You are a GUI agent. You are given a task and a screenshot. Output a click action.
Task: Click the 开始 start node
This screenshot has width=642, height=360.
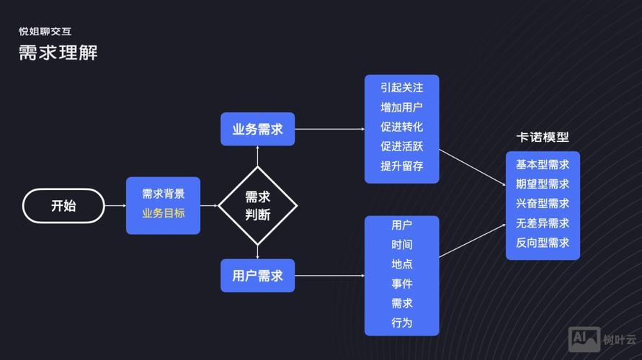pyautogui.click(x=63, y=205)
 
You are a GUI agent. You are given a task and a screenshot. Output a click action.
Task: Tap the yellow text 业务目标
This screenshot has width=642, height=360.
pyautogui.click(x=163, y=213)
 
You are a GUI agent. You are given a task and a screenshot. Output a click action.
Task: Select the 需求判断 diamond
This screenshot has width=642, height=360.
pyautogui.click(x=257, y=205)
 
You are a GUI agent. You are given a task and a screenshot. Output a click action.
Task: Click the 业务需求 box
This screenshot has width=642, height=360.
pyautogui.click(x=257, y=130)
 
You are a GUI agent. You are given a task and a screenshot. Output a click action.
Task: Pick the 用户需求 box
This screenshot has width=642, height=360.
pyautogui.click(x=257, y=275)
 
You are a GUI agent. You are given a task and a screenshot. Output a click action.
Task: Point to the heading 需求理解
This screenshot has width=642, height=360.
pyautogui.click(x=58, y=53)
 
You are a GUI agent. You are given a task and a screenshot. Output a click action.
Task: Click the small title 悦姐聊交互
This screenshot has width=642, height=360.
pyautogui.click(x=45, y=32)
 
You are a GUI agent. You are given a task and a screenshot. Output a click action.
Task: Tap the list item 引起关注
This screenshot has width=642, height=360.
pyautogui.click(x=401, y=88)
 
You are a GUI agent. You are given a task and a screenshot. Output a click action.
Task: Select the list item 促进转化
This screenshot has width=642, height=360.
pyautogui.click(x=401, y=127)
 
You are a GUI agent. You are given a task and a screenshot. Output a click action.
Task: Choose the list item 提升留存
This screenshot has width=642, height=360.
pyautogui.click(x=401, y=166)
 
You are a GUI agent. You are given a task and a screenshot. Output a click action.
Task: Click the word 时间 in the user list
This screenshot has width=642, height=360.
pyautogui.click(x=401, y=245)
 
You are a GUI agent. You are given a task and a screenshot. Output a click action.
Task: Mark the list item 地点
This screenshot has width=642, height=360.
pyautogui.click(x=401, y=264)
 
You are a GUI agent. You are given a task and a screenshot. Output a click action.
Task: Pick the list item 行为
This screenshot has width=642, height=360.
pyautogui.click(x=401, y=323)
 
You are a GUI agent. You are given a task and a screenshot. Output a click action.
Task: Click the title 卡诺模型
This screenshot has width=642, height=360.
pyautogui.click(x=543, y=138)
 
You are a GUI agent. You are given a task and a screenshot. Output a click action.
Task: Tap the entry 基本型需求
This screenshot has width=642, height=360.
pyautogui.click(x=543, y=164)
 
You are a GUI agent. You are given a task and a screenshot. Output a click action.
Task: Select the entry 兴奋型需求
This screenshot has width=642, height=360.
pyautogui.click(x=543, y=204)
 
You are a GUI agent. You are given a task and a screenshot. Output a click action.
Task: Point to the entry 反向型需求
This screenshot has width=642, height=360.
pyautogui.click(x=543, y=243)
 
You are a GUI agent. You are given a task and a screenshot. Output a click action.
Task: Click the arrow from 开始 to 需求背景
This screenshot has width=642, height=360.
pyautogui.click(x=115, y=206)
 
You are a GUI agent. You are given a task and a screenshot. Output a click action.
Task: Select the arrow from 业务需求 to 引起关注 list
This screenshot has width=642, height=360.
pyautogui.click(x=329, y=129)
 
